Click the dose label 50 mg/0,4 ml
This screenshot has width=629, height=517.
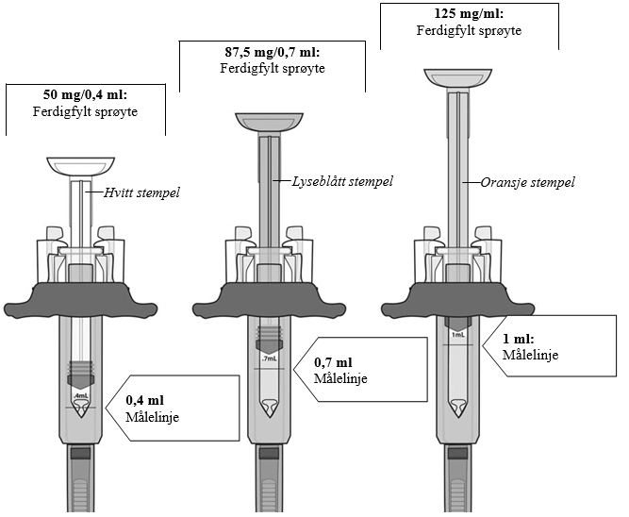pos(86,95)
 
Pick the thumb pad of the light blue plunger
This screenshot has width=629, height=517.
pos(268,121)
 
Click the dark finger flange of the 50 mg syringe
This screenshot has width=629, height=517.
pos(80,300)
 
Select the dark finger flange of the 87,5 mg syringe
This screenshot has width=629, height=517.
pos(268,300)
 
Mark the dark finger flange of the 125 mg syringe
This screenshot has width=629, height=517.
pos(457,300)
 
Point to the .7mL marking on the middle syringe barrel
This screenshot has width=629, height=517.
pos(268,359)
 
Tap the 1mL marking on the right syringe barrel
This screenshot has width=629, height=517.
pos(457,335)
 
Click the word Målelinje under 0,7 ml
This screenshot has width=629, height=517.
pos(339,378)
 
